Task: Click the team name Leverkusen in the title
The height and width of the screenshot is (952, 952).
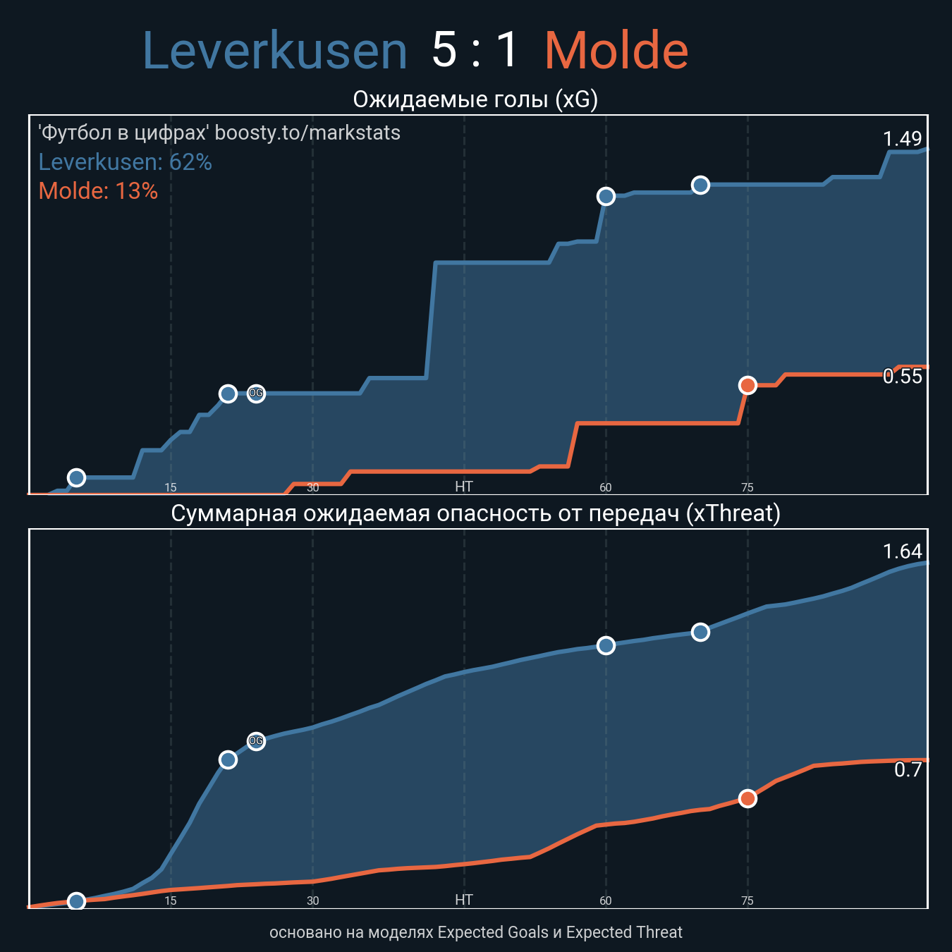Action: tap(275, 51)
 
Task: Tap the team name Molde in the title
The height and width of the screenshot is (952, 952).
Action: tap(616, 51)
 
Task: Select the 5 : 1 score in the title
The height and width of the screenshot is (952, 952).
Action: tap(475, 51)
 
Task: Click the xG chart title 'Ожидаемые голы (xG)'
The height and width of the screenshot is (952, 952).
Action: tap(475, 99)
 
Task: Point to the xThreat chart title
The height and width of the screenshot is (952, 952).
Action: tap(475, 513)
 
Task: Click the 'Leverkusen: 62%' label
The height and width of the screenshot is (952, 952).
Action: tap(125, 162)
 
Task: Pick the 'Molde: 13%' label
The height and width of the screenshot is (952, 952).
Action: tap(98, 191)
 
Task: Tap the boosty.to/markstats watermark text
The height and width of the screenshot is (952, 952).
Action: tap(219, 133)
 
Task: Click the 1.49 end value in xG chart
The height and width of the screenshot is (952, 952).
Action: tap(902, 139)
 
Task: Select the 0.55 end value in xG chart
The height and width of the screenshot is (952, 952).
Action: tap(902, 377)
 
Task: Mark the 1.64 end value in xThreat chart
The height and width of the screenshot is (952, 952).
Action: tap(902, 551)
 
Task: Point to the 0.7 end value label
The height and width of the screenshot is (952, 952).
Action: tap(908, 770)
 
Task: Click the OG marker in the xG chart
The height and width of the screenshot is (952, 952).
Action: tap(256, 393)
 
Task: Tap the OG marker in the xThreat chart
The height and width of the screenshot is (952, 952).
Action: tap(256, 741)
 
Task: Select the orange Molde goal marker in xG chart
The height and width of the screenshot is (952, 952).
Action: tap(747, 385)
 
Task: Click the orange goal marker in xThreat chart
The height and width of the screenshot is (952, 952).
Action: tap(747, 798)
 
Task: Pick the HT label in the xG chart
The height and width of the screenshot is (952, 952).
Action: tap(463, 487)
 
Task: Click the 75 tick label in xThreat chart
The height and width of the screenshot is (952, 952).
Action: tap(747, 901)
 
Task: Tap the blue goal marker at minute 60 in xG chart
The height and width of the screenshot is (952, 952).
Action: tap(606, 196)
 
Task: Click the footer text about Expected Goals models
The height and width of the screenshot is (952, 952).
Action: tap(475, 932)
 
